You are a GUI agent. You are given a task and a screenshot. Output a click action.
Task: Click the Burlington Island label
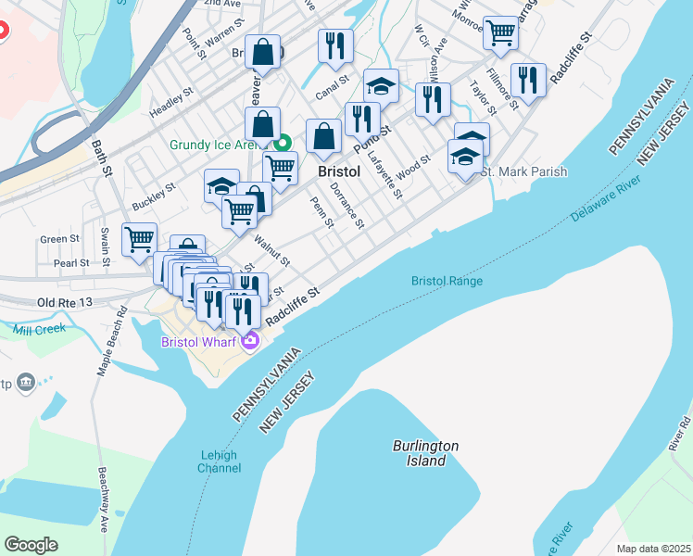pyautogui.click(x=424, y=453)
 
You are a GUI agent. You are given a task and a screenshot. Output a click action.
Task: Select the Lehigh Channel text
pyautogui.click(x=219, y=461)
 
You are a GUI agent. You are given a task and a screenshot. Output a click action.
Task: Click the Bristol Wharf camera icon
pyautogui.click(x=249, y=342)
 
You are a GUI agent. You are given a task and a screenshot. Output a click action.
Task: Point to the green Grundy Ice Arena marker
pyautogui.click(x=284, y=145)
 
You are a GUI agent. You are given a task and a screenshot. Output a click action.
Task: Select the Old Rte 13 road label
pyautogui.click(x=65, y=303)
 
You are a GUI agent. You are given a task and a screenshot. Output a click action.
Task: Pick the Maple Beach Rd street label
pyautogui.click(x=112, y=341)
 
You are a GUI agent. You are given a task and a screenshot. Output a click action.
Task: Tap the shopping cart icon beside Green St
pyautogui.click(x=139, y=239)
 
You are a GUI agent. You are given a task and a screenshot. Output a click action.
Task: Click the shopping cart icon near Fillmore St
pyautogui.click(x=500, y=33)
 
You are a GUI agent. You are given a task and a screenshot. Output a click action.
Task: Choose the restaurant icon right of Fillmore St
pyautogui.click(x=527, y=80)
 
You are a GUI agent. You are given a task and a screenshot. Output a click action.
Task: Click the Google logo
pyautogui.click(x=31, y=545)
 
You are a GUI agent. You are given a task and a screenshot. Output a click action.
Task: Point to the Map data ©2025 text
pyautogui.click(x=653, y=549)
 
